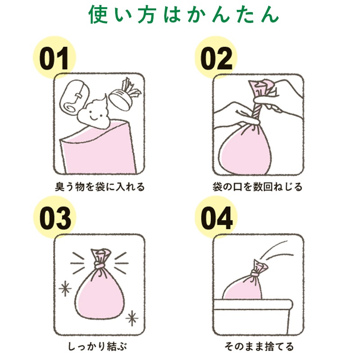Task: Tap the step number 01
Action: pyautogui.click(x=54, y=58)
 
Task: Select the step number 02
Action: pyautogui.click(x=216, y=58)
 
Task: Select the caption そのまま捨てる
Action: pyautogui.click(x=259, y=346)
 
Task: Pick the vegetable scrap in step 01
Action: pyautogui.click(x=124, y=95)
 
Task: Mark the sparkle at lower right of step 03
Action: pyautogui.click(x=132, y=319)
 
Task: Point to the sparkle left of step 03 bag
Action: pyautogui.click(x=65, y=288)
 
